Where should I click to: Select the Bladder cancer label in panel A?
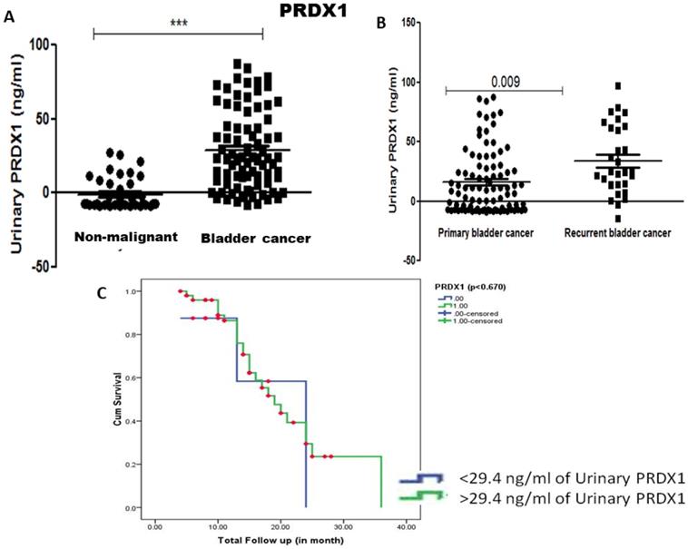tap(257, 239)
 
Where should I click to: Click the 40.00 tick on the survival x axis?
tap(406, 524)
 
